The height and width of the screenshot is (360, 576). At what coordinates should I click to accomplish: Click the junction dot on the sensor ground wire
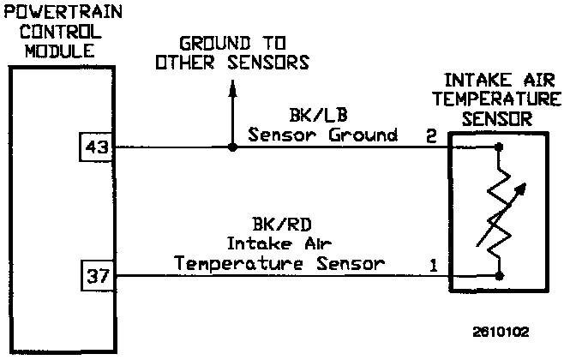[x=231, y=147]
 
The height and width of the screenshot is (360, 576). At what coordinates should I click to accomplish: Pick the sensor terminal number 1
[x=434, y=265]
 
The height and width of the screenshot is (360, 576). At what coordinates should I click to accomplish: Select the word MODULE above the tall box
[x=57, y=51]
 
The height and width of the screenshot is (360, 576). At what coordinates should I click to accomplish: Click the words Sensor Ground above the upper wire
[x=323, y=135]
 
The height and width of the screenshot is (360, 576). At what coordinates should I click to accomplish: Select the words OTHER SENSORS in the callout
[x=231, y=63]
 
